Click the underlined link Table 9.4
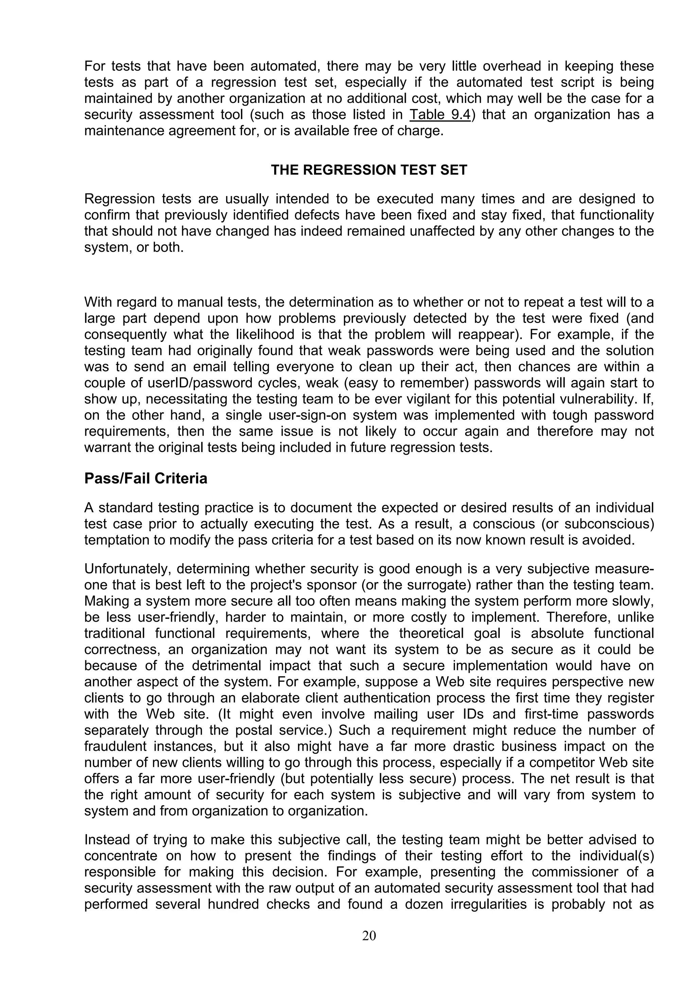tap(440, 115)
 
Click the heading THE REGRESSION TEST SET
tap(369, 170)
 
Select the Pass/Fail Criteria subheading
tap(146, 478)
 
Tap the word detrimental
tap(227, 666)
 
